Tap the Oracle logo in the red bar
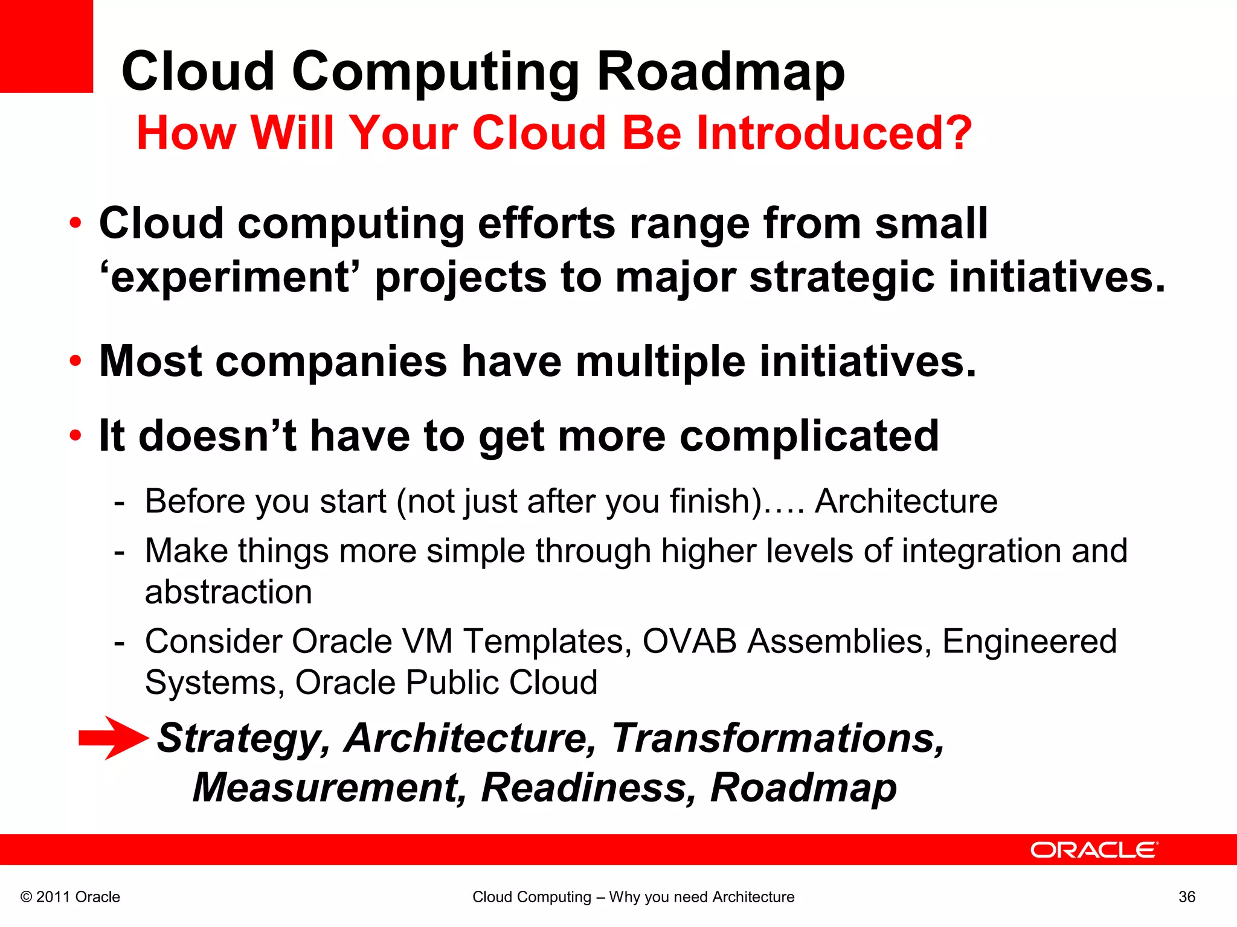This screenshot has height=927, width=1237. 1094,850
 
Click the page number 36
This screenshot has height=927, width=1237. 1186,897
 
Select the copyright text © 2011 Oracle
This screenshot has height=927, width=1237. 71,897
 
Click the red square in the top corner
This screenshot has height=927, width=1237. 46,46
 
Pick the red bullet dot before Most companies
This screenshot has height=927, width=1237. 75,361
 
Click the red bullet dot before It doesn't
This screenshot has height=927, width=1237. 75,436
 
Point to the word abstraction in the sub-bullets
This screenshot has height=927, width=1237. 228,591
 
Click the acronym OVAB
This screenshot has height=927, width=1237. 689,641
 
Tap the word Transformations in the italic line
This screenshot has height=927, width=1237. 777,737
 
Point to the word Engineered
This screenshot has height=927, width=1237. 1029,641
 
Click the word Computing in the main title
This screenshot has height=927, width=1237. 435,72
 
